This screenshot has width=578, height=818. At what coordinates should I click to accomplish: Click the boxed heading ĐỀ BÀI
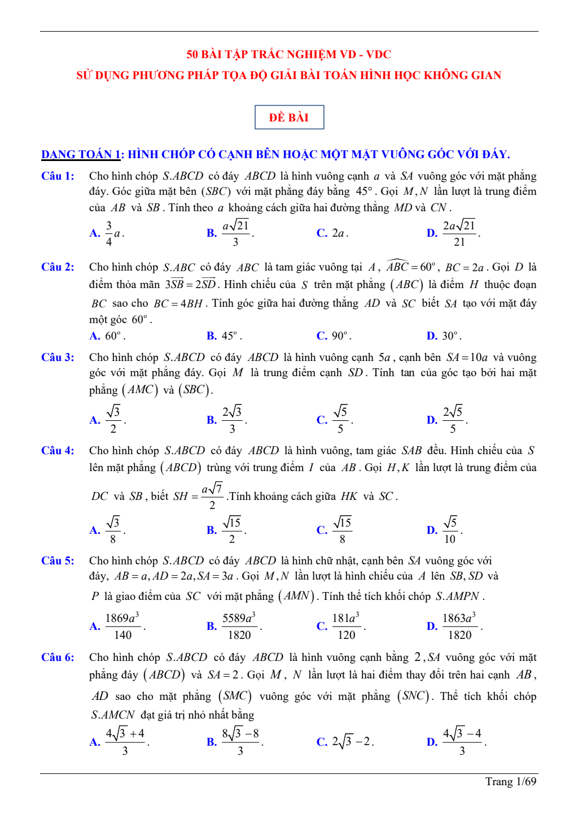tap(289, 118)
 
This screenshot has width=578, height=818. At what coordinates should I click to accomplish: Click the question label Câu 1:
tap(58, 176)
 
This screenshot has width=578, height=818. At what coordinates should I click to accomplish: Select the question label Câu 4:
tap(58, 450)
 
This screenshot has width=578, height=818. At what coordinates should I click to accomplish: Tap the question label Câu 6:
tap(58, 657)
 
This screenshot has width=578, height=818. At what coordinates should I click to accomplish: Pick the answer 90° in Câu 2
tap(341, 336)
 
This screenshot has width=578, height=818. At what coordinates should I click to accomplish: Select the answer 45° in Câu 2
tap(231, 336)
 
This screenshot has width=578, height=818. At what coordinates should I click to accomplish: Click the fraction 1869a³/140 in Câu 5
tap(122, 626)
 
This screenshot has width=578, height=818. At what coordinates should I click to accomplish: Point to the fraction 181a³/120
tap(346, 626)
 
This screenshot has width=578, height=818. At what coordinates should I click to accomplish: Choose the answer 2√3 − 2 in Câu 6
tap(352, 741)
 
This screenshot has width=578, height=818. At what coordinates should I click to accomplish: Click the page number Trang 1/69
tap(510, 781)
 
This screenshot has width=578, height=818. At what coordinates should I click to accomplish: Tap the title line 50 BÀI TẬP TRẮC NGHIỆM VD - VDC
tap(288, 54)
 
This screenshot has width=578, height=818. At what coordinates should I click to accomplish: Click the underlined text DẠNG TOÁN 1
tap(82, 154)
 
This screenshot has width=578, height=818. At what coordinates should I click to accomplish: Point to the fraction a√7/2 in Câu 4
tap(212, 496)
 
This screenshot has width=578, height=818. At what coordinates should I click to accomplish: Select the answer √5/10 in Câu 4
tap(450, 530)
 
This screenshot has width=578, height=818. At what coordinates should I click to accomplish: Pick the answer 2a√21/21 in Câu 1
tap(459, 233)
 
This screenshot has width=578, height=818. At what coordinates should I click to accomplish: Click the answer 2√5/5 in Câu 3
tap(453, 420)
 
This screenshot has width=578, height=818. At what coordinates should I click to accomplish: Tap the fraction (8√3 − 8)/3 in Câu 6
tap(240, 741)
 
